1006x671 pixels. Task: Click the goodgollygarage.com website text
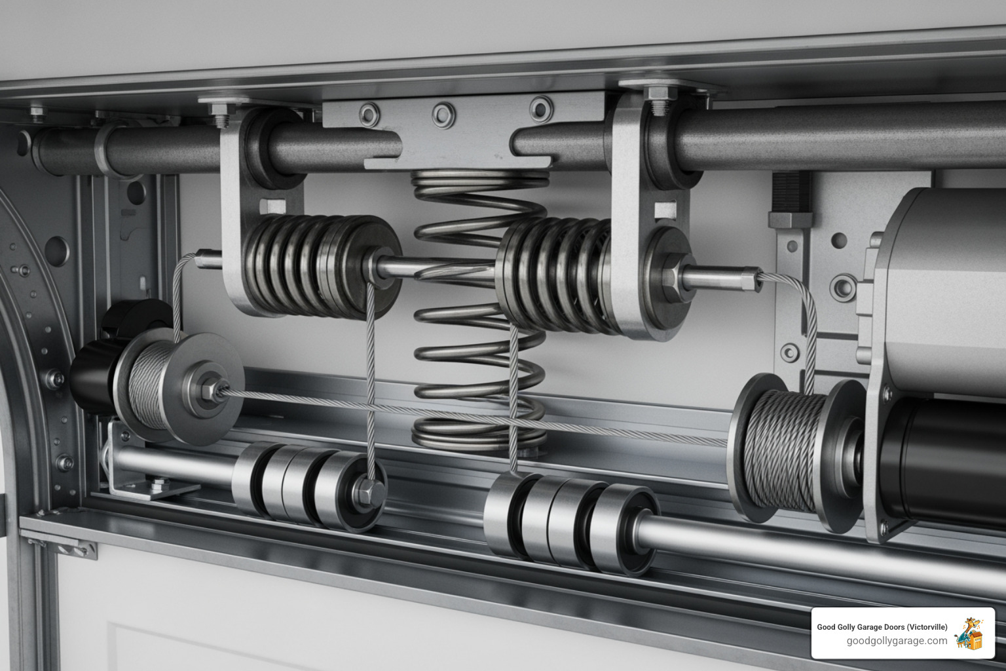click(897, 641)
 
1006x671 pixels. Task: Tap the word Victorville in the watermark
click(925, 627)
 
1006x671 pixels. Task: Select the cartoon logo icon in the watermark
click(969, 634)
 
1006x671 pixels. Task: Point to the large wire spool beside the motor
click(783, 449)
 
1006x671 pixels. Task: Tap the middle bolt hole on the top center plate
click(443, 115)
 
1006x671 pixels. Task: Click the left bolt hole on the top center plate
click(369, 115)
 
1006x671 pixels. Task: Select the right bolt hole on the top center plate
click(541, 109)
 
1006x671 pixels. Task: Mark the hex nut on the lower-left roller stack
click(364, 489)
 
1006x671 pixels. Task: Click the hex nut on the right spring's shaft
click(671, 279)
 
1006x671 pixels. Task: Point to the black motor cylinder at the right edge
click(943, 459)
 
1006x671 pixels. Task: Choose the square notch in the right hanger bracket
click(665, 209)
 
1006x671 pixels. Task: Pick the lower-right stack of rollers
click(570, 521)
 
